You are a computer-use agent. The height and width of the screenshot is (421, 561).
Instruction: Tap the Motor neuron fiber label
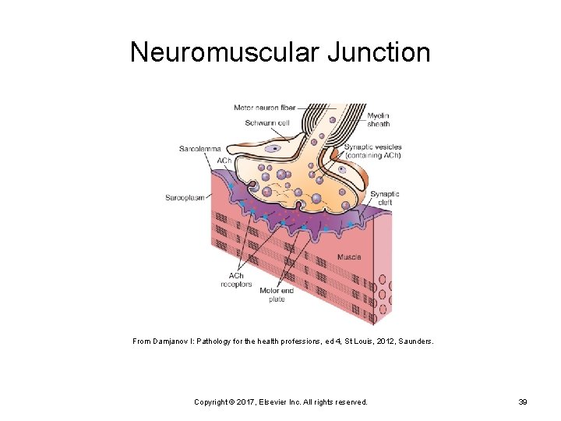(265, 108)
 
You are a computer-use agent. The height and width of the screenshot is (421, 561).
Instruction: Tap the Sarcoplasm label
(185, 198)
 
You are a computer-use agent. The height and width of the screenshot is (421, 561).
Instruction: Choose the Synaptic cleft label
(384, 198)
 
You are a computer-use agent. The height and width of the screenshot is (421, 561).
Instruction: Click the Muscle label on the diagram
(349, 256)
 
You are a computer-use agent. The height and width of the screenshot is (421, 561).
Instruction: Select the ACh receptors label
(236, 280)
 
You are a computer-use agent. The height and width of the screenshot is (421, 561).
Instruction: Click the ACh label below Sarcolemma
(224, 161)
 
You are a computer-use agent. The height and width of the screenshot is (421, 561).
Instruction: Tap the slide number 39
(523, 402)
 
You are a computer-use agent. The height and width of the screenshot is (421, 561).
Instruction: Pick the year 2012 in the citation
(357, 341)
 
